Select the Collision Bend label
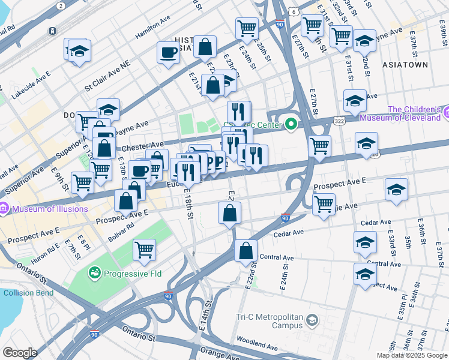pos(28,293)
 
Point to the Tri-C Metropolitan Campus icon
pos(312,320)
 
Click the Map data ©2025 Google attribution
pos(412,355)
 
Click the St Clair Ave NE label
pos(107,80)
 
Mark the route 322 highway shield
pos(340,121)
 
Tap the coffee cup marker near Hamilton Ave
pos(168,52)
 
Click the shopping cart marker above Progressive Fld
pos(144,249)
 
